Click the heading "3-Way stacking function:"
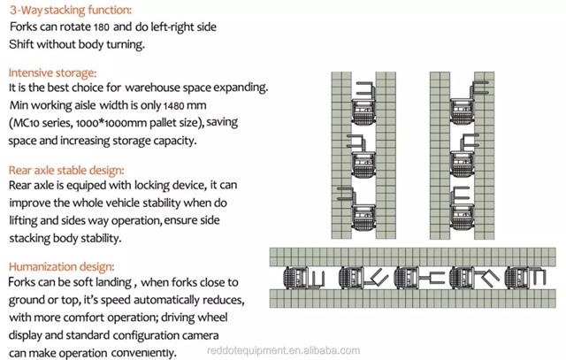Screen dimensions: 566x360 (x=71, y=10)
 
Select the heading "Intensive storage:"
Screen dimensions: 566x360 (x=52, y=73)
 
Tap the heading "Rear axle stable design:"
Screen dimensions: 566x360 (x=66, y=170)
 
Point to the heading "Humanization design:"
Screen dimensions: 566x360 (x=61, y=266)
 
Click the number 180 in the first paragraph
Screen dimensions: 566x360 (x=102, y=27)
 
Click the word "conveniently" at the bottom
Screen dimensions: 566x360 (x=143, y=353)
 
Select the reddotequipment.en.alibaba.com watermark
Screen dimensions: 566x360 (x=283, y=350)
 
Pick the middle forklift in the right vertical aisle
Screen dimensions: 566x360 (x=463, y=157)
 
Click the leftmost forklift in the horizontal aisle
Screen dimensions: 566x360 (x=304, y=278)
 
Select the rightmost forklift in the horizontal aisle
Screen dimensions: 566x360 (x=525, y=278)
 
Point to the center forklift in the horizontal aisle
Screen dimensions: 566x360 (x=419, y=278)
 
